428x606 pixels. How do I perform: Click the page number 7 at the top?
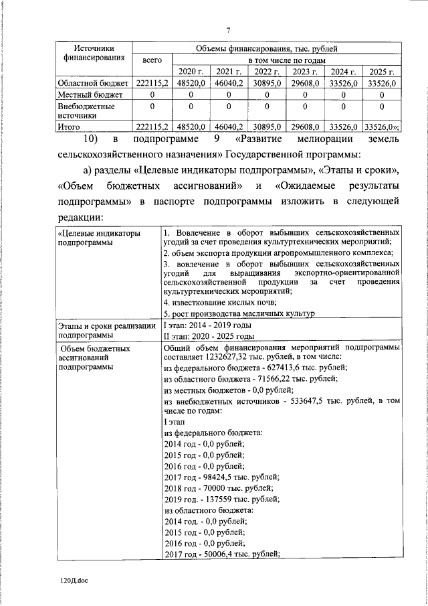pos(228,30)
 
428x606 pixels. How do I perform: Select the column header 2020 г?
pos(190,71)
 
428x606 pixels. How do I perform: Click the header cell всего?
pos(152,60)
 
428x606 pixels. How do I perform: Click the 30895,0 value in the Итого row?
pos(267,127)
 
